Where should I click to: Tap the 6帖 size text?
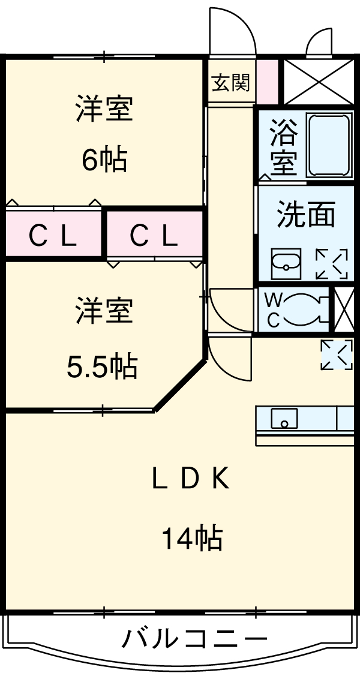point(104,161)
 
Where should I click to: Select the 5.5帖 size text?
point(101,366)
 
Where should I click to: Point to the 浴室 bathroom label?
point(283,146)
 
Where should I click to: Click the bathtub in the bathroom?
point(329,145)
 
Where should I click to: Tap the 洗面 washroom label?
point(305,215)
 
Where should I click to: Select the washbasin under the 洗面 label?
point(286,264)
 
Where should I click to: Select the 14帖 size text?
point(191,538)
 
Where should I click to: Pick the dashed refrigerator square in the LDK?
point(337,354)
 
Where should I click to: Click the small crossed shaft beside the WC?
point(344,310)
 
